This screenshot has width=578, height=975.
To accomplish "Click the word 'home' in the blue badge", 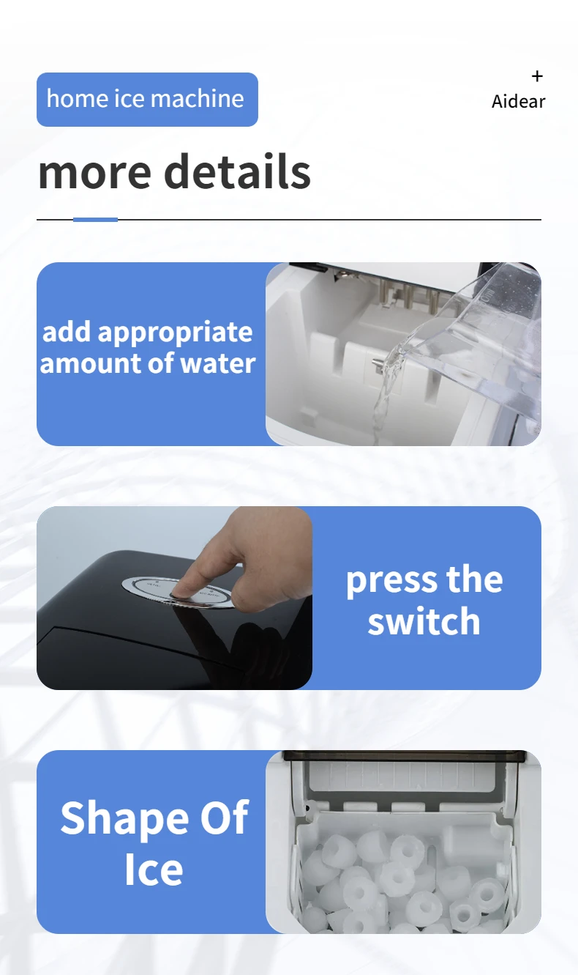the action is [78, 98].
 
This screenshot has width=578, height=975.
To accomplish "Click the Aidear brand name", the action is [518, 101].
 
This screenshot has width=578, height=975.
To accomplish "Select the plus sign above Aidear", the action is [537, 76].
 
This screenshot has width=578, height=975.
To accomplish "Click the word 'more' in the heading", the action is [94, 172].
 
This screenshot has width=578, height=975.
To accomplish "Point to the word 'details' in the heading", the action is [237, 171].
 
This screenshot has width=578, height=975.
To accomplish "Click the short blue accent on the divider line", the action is [95, 219].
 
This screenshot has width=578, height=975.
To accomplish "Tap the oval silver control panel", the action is [179, 593].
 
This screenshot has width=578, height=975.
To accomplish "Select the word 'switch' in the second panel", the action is [424, 621].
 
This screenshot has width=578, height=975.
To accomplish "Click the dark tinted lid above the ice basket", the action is [404, 756].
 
